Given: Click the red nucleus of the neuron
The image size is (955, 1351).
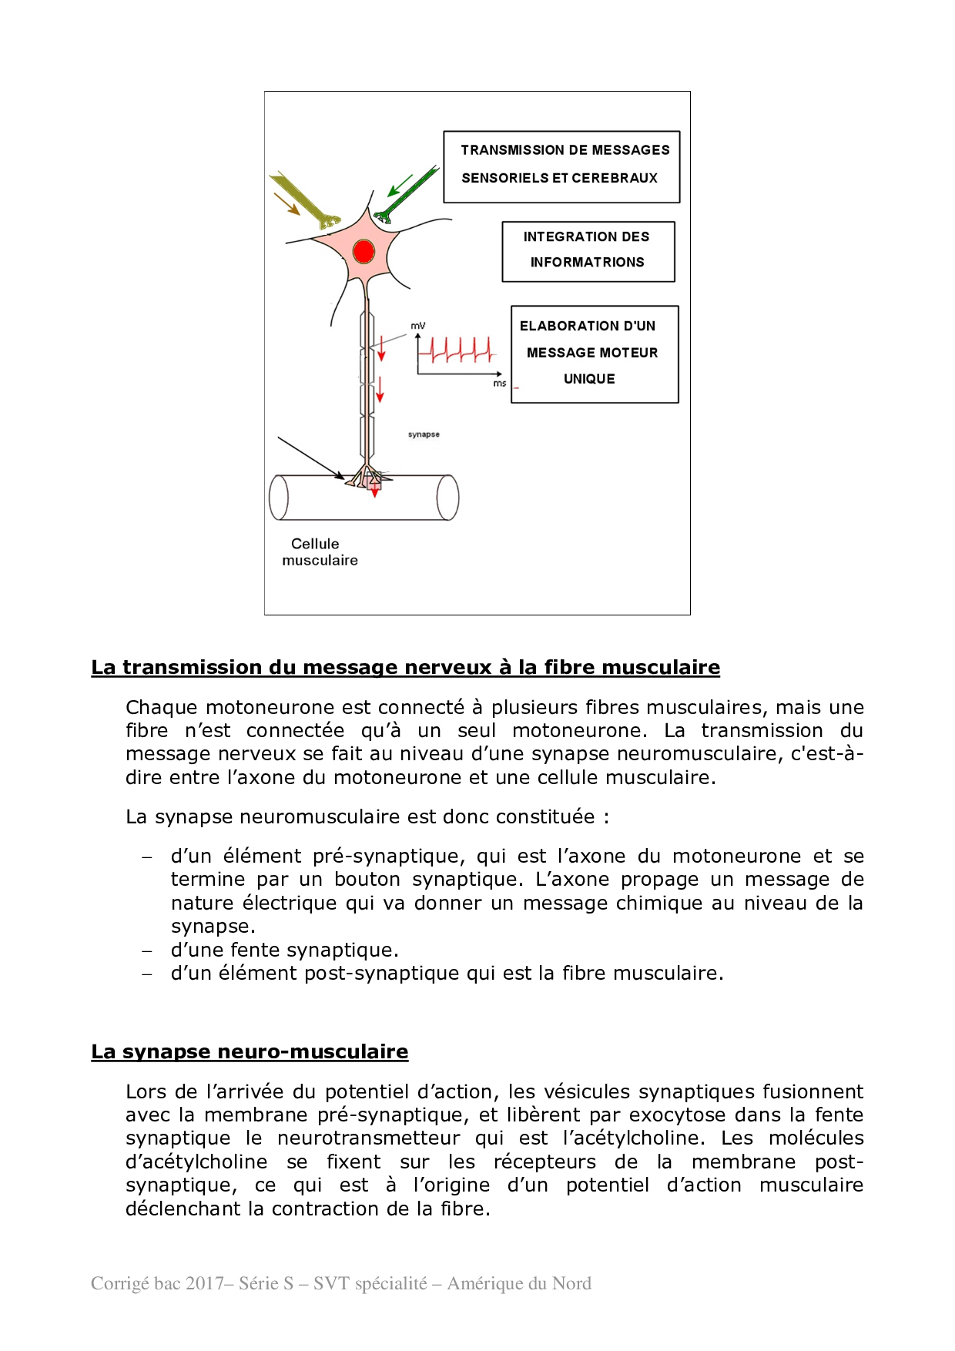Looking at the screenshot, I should coord(364,251).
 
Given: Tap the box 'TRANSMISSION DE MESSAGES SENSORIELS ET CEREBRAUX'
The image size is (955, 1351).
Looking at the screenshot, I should coord(561,166).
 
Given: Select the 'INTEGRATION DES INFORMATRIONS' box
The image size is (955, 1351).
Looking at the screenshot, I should coord(588,251).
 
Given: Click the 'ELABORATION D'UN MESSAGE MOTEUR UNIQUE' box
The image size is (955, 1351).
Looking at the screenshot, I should coord(594,354).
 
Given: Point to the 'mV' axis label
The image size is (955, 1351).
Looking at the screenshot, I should coord(417,326).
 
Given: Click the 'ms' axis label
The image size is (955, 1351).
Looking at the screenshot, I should coord(500,383).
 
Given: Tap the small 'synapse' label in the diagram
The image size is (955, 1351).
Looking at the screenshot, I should coord(424,434).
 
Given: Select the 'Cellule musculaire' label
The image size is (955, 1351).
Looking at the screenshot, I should coord(319,552).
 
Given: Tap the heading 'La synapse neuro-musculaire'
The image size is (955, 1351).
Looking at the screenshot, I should coord(250,1051).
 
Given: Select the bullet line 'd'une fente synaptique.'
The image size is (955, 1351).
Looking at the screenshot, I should coord(284,950).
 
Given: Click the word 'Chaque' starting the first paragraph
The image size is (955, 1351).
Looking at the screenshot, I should coord(161,707).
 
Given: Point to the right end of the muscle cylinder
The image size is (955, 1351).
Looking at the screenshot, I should coord(447,497).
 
